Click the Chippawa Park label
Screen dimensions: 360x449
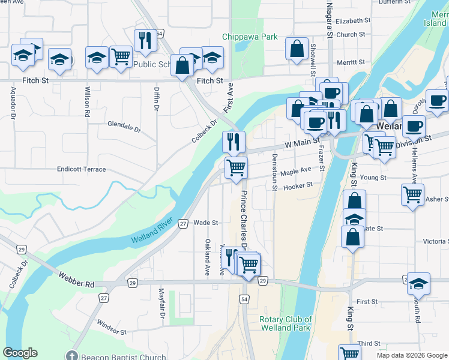click(x=250, y=37)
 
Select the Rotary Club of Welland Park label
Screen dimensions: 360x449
click(x=286, y=323)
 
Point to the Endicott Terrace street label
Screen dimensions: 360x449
click(x=81, y=170)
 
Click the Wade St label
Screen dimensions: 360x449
click(x=205, y=223)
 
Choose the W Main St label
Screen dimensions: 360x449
click(x=300, y=143)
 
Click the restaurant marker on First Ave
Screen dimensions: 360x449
click(x=234, y=142)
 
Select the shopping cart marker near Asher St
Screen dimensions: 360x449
click(x=412, y=194)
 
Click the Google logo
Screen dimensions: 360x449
click(x=20, y=353)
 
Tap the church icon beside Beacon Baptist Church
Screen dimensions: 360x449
click(x=73, y=357)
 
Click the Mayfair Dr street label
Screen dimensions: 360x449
click(x=161, y=303)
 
